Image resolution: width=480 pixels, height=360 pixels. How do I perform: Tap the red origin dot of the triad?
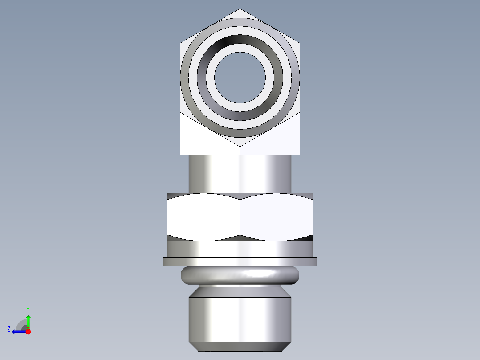pyautogui.click(x=28, y=331)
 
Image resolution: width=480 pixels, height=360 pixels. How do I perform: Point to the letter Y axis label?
pyautogui.click(x=28, y=309)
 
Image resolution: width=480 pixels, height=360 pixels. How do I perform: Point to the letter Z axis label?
pyautogui.click(x=9, y=329)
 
